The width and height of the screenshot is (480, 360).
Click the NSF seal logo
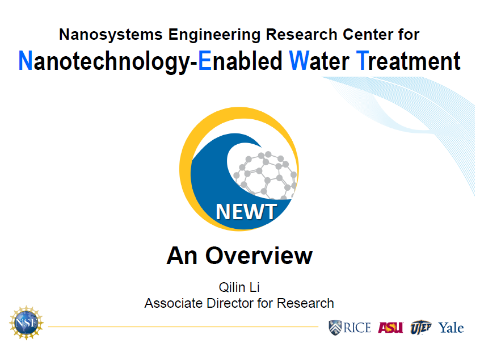[26, 323]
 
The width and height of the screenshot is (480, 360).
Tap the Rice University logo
[350, 328]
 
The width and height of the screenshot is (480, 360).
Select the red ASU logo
[390, 328]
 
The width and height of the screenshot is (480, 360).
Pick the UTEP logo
[421, 327]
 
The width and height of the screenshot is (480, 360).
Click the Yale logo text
[451, 328]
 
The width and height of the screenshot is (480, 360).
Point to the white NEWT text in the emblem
[246, 212]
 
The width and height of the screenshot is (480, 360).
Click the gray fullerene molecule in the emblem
[265, 175]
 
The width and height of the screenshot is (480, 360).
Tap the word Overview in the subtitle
[259, 256]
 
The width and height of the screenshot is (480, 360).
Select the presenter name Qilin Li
[239, 287]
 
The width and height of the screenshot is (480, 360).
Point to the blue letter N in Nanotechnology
[26, 60]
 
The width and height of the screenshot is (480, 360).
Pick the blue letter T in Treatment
[363, 60]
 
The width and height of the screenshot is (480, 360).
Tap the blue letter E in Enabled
[205, 60]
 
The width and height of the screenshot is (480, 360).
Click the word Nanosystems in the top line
[111, 35]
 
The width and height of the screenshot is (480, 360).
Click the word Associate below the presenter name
[174, 303]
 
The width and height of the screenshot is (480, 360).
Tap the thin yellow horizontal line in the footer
[183, 326]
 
